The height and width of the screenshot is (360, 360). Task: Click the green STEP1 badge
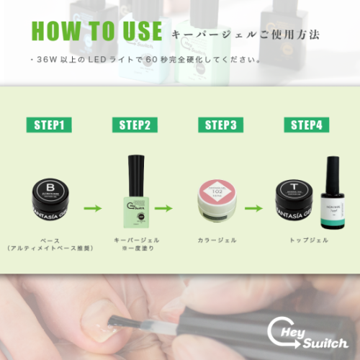click(50, 125)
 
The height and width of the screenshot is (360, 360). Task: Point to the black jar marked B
click(50, 199)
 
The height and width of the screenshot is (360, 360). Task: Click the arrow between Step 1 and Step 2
click(92, 209)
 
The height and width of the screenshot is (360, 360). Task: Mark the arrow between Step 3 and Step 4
click(253, 209)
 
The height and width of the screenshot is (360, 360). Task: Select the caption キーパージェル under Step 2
click(135, 240)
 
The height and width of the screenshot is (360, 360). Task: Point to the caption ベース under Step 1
click(50, 240)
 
